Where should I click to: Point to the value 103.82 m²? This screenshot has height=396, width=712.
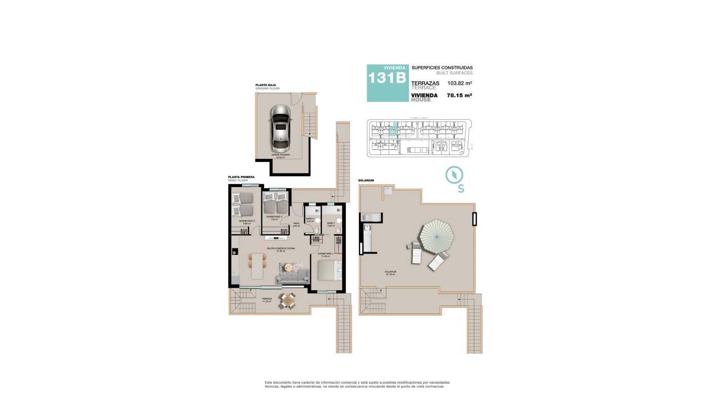coord(459,84)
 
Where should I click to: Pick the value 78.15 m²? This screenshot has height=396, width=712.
coord(459,96)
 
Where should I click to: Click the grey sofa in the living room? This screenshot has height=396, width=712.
coord(292,280)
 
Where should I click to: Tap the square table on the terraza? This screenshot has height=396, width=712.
coord(286,300)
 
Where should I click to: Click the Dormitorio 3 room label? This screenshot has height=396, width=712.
coord(247,221)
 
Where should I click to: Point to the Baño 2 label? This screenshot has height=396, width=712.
coord(310,219)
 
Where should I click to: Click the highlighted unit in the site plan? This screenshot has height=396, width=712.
coord(393,130)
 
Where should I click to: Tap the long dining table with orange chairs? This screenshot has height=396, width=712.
coord(256,266)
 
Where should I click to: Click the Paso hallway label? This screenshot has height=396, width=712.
coord(296,223)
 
